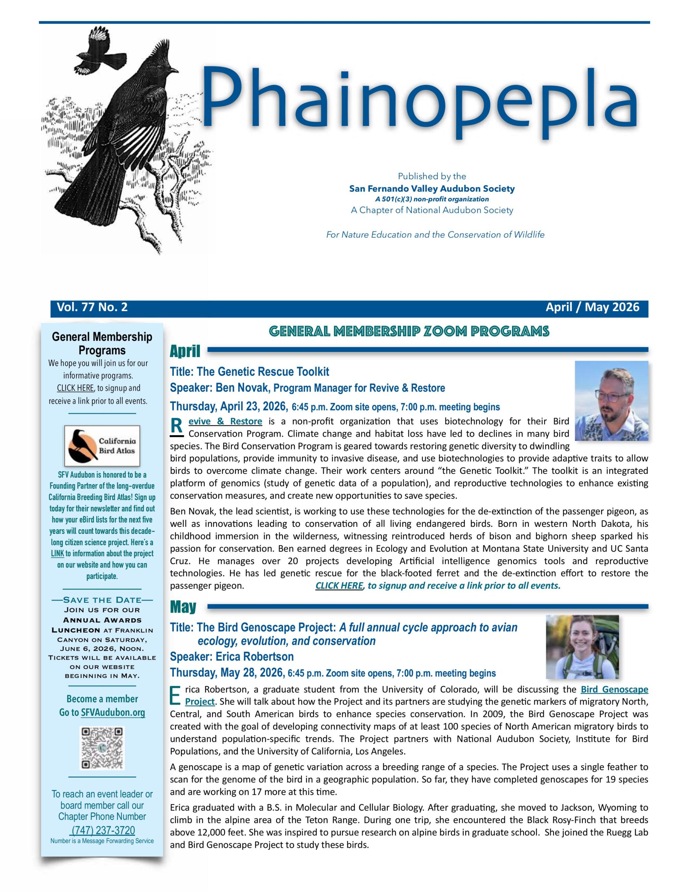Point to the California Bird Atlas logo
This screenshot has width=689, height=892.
point(102,446)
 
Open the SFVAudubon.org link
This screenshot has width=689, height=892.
point(113,713)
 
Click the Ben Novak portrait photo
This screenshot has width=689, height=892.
point(611,401)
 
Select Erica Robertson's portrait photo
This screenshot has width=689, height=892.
point(582,647)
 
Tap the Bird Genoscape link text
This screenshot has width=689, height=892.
point(614,690)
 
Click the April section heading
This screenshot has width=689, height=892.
point(185,351)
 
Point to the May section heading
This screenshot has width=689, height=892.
point(183,607)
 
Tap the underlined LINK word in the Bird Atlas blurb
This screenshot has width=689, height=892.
point(57,554)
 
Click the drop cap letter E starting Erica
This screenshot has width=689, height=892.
point(175,695)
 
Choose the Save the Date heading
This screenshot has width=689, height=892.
point(102,600)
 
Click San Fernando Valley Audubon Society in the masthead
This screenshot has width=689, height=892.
point(432,189)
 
